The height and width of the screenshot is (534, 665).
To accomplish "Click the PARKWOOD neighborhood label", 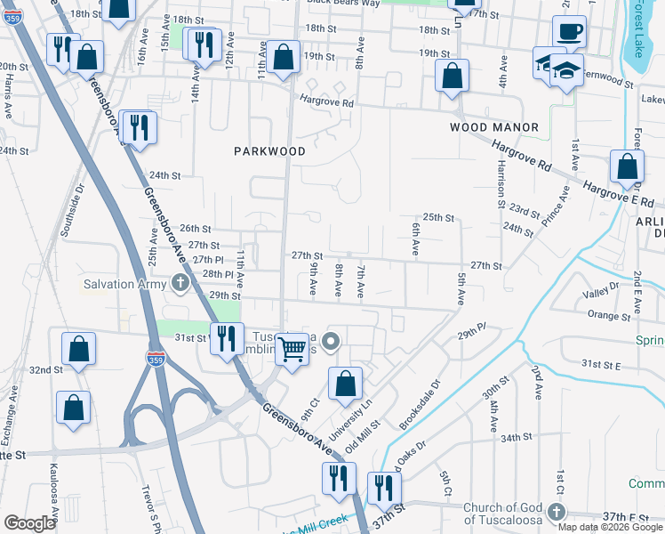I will click(269, 151).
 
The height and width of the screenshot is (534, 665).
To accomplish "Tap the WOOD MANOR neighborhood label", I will click(494, 127).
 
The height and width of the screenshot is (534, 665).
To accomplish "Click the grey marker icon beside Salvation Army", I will click(181, 284).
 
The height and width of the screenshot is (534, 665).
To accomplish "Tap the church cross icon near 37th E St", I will click(557, 514).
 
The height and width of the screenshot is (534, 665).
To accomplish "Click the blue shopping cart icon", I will click(291, 348).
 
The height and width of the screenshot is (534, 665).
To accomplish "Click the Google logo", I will click(28, 522).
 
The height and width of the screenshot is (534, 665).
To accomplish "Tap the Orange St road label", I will click(609, 314).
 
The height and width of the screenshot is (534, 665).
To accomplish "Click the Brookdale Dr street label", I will click(420, 405).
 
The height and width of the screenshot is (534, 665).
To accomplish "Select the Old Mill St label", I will click(363, 435).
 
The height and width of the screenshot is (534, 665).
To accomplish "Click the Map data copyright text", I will click(609, 526).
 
